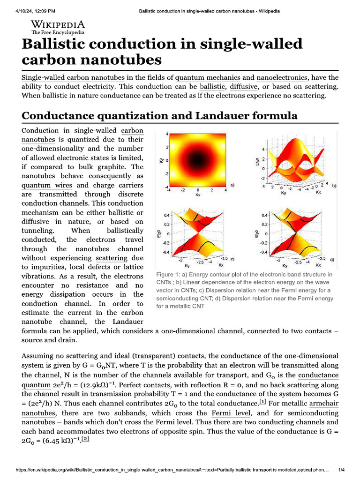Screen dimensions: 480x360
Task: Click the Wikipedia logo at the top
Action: (x=58, y=27)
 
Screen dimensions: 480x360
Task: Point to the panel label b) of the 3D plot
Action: (x=334, y=186)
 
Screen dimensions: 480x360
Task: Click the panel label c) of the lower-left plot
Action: (x=232, y=259)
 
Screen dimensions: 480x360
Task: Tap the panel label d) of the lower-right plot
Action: (x=332, y=259)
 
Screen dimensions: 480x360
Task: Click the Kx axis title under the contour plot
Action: (x=197, y=194)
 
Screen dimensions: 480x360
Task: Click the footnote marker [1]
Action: (x=263, y=402)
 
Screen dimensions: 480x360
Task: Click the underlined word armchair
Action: (x=324, y=404)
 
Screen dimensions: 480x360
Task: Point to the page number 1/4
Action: (x=342, y=470)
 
